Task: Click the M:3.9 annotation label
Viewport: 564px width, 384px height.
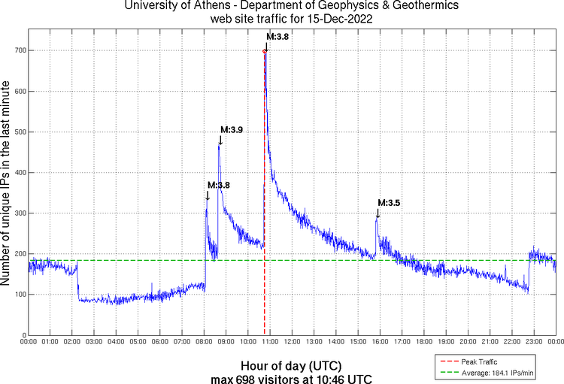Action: click(x=231, y=130)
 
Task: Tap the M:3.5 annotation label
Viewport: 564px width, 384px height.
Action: click(x=389, y=203)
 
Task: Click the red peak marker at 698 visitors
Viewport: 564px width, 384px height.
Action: click(x=265, y=51)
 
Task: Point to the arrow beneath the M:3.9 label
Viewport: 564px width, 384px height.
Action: click(x=220, y=141)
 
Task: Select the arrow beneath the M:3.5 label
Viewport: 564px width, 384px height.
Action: click(x=378, y=213)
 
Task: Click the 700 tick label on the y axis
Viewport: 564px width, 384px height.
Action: click(x=16, y=51)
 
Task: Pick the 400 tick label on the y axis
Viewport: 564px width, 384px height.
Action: click(x=16, y=173)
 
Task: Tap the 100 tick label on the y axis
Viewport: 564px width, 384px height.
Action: click(x=16, y=295)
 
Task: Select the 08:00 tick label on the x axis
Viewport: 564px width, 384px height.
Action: click(x=204, y=342)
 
